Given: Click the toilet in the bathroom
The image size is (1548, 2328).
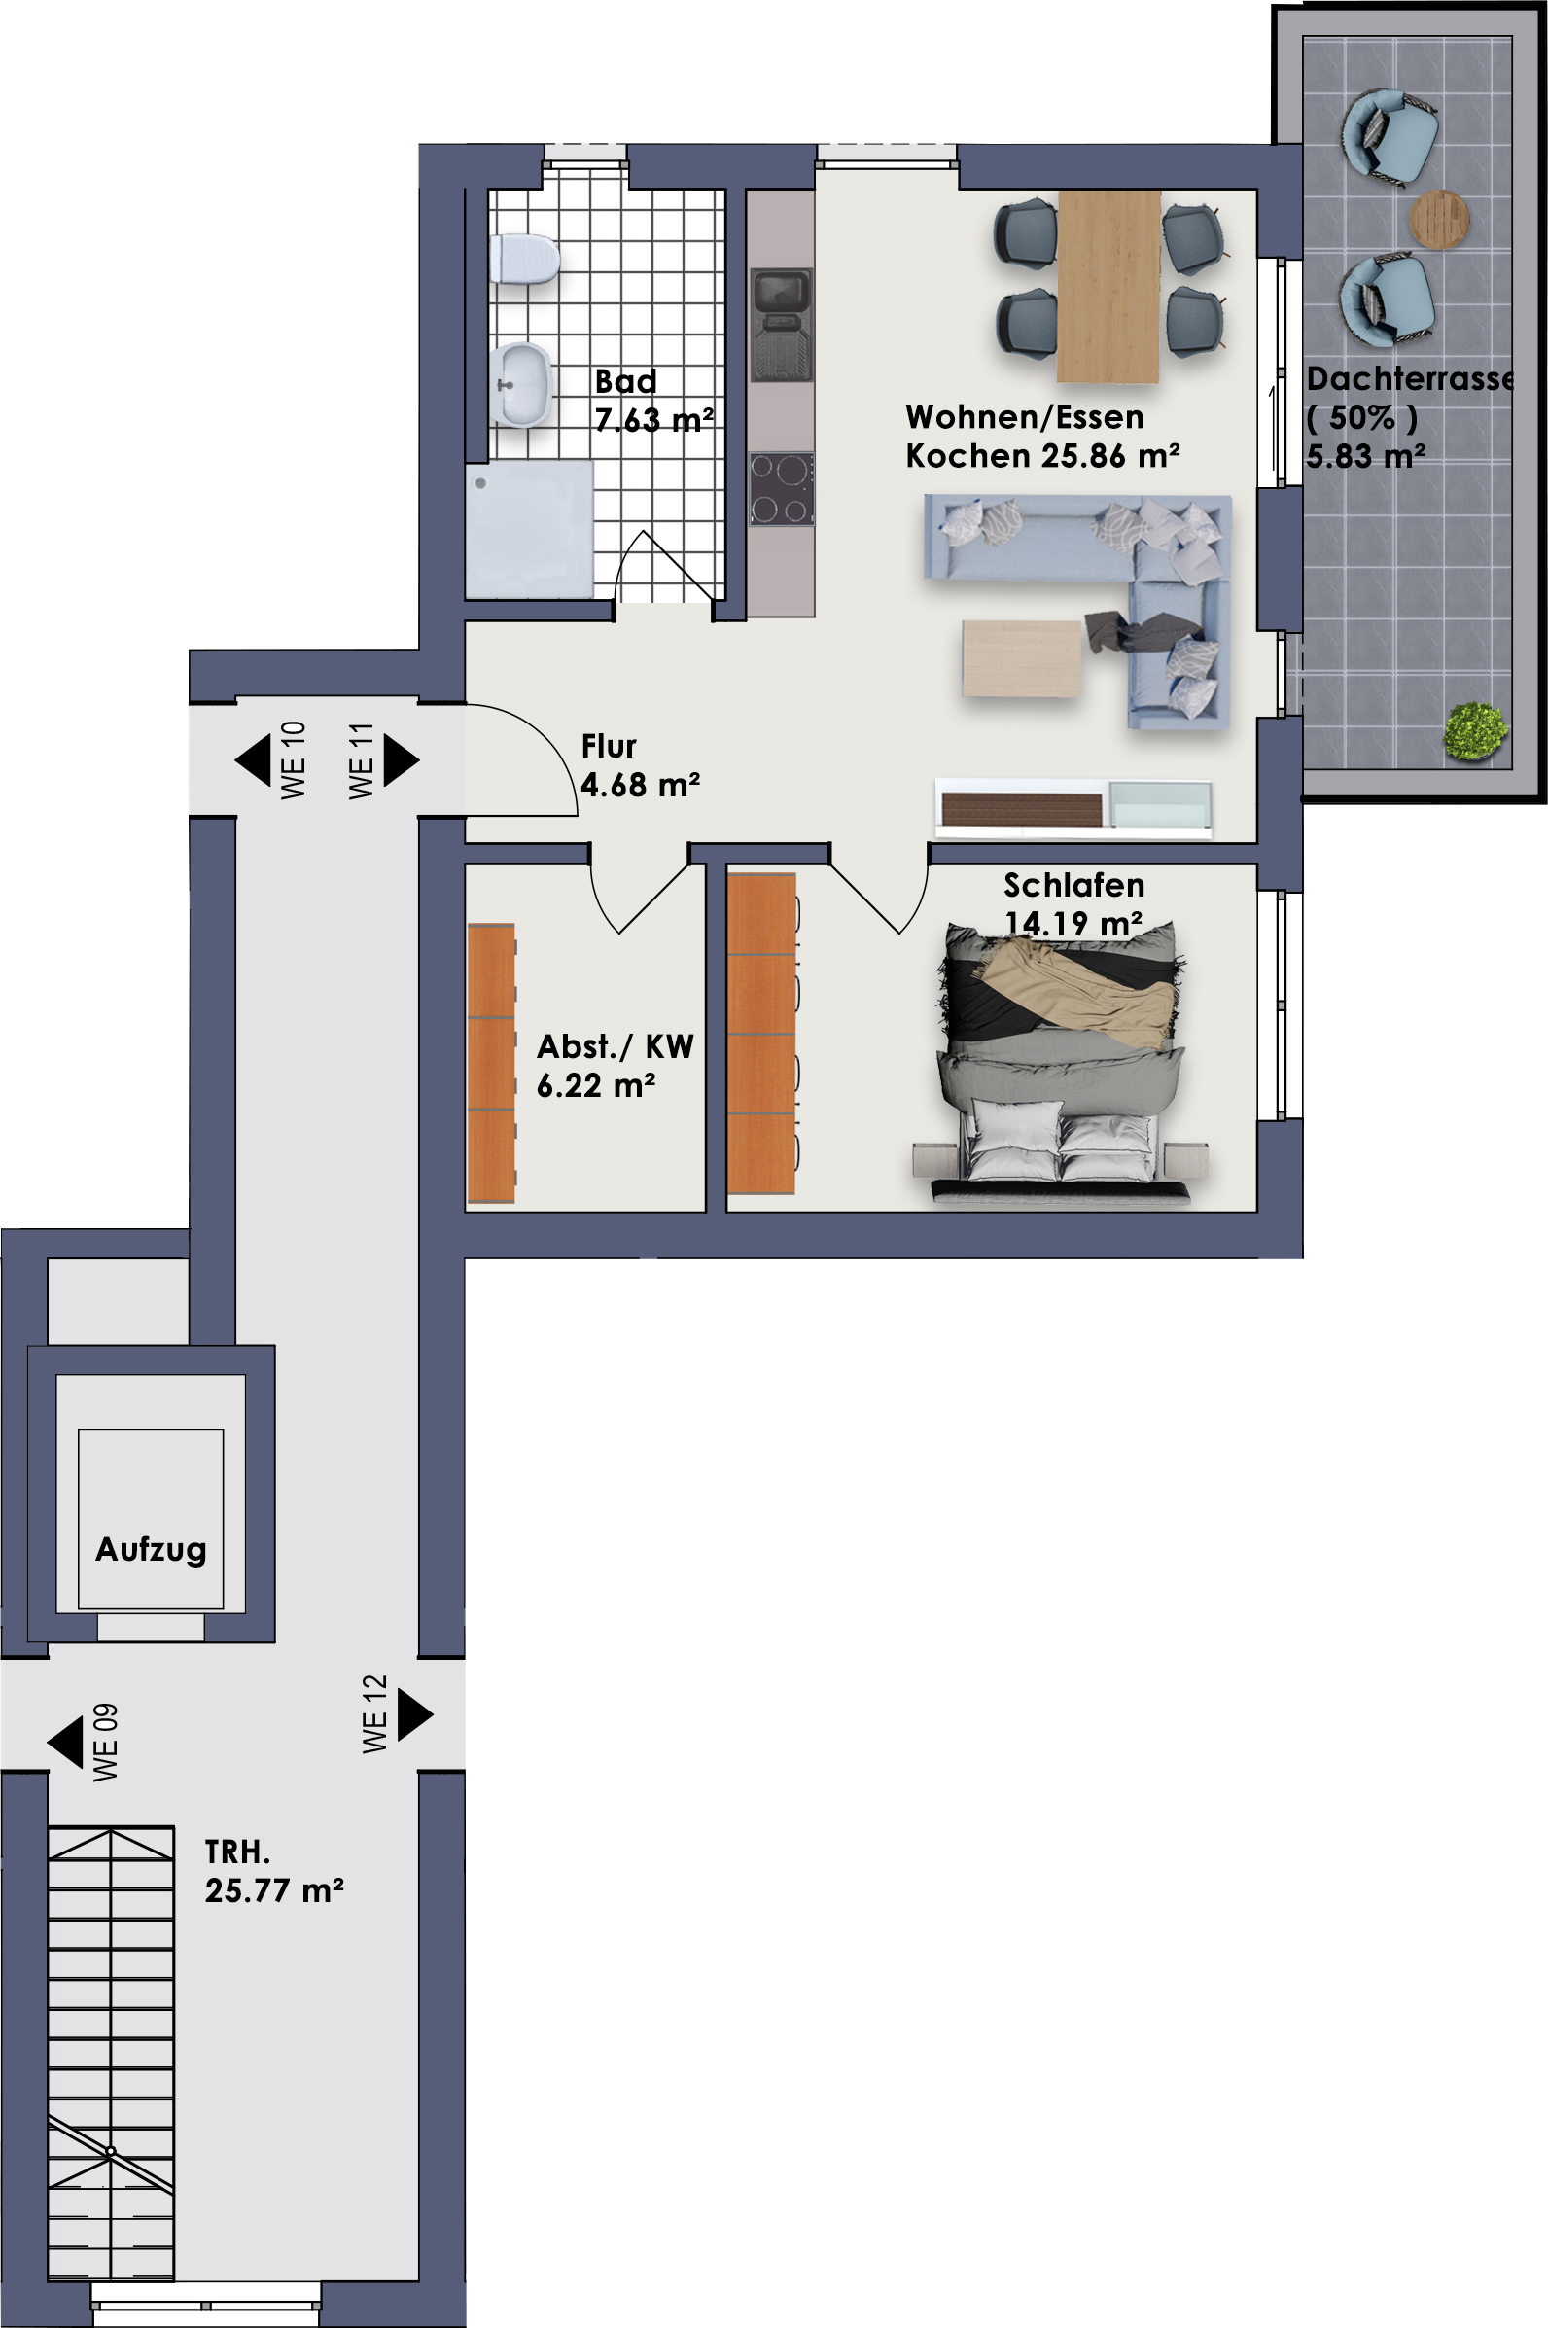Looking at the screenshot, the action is click(525, 260).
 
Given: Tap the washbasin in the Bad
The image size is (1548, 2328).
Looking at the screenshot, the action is click(521, 385).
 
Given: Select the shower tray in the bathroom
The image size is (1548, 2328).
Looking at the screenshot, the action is click(529, 528).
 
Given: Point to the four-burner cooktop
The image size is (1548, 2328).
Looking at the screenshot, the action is click(782, 489).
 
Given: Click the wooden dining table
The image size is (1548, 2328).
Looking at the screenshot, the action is click(1108, 286).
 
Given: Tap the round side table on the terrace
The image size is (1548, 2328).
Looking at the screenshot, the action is click(1438, 218).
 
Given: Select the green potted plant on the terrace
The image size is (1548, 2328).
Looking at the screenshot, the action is click(1476, 729).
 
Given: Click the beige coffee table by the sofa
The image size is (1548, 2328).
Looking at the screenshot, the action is click(1023, 657).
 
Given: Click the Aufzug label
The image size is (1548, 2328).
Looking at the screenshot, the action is click(151, 1549).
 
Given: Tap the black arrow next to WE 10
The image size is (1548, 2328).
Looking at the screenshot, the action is click(253, 760).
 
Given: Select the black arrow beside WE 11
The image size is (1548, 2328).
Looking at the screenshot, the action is click(401, 760).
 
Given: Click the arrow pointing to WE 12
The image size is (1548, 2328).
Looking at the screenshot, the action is click(414, 1714).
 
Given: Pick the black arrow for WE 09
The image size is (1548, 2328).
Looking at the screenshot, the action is click(65, 1743).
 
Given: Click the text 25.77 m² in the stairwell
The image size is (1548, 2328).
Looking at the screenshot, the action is click(274, 1890).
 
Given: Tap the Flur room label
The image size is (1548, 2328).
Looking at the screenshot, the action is click(609, 747).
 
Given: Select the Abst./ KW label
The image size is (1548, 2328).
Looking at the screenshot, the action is click(616, 1045).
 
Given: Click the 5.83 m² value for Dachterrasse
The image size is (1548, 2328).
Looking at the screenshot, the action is click(1365, 456).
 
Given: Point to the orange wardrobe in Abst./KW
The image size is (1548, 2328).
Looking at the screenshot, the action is click(492, 1062).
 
